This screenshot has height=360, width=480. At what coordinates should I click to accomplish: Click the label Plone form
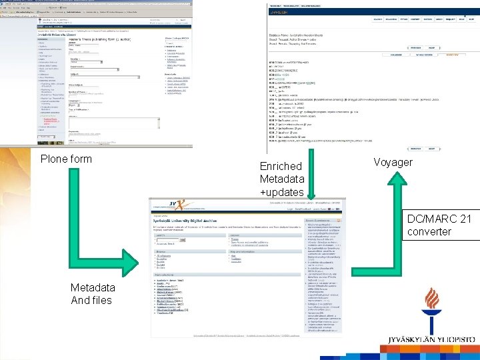[x=66, y=159]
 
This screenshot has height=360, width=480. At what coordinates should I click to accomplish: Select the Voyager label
[x=393, y=162]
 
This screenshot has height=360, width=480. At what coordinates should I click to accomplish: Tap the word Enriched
[x=281, y=166]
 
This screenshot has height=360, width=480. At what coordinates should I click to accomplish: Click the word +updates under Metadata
[x=281, y=193]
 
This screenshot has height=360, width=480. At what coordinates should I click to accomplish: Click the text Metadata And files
[x=92, y=293]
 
